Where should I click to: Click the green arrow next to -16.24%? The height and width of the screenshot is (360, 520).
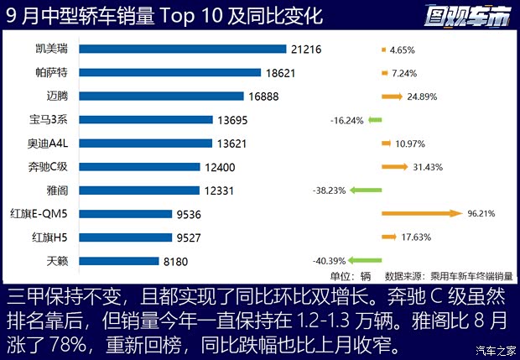pos(374,120)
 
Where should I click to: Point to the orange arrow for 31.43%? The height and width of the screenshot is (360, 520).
pos(394,167)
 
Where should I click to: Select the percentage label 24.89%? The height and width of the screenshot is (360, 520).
pos(427,97)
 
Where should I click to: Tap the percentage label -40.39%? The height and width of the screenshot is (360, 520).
pos(328,261)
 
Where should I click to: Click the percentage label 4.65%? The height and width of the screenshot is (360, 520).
pos(403,50)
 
